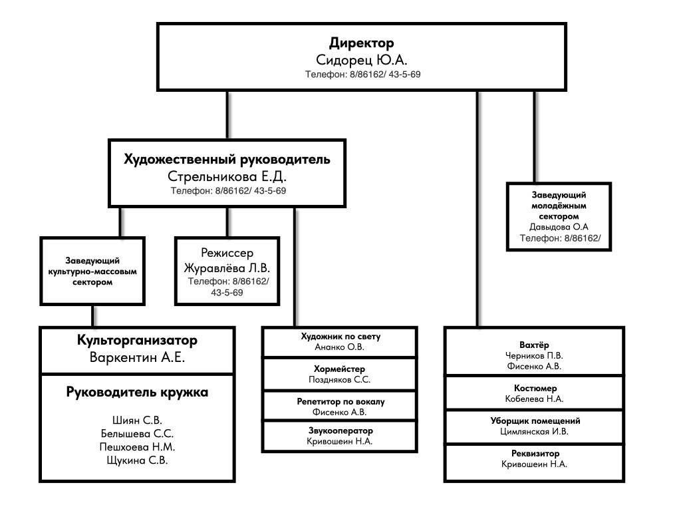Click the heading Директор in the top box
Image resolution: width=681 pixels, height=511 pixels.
pyautogui.click(x=362, y=44)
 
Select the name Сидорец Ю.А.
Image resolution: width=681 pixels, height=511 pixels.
pyautogui.click(x=362, y=61)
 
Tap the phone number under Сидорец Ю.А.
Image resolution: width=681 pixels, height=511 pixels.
pyautogui.click(x=362, y=75)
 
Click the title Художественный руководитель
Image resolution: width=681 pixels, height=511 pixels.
pyautogui.click(x=227, y=160)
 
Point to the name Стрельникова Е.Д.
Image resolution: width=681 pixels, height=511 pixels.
pyautogui.click(x=227, y=177)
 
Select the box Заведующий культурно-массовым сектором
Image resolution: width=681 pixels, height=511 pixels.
pyautogui.click(x=92, y=271)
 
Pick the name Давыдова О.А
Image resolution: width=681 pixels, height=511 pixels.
pyautogui.click(x=559, y=226)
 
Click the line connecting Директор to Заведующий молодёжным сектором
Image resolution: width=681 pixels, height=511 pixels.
pyautogui.click(x=534, y=136)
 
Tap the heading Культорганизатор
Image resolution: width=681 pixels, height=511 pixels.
pyautogui.click(x=137, y=341)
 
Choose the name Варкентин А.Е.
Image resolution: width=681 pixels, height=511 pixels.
pyautogui.click(x=137, y=357)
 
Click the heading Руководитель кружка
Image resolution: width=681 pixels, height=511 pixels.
pyautogui.click(x=137, y=393)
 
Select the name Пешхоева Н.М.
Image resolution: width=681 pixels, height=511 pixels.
pyautogui.click(x=137, y=446)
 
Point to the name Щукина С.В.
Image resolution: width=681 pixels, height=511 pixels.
pyautogui.click(x=137, y=460)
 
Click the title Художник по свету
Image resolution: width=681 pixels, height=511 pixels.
pyautogui.click(x=340, y=337)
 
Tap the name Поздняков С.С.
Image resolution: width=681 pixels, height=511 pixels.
pyautogui.click(x=340, y=379)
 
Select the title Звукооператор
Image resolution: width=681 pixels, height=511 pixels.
pyautogui.click(x=340, y=430)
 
